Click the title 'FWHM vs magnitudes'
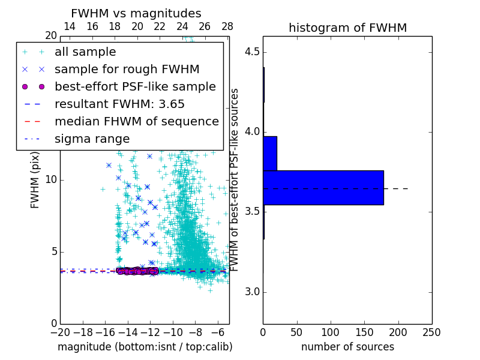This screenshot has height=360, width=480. [136, 13]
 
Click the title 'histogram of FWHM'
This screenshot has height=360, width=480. [347, 28]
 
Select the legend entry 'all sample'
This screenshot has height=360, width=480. [85, 52]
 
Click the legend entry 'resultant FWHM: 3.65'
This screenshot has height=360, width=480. [124, 104]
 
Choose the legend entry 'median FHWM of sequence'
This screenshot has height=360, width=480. [136, 121]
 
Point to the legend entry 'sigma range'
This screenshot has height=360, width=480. [92, 139]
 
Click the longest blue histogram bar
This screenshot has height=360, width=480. [323, 187]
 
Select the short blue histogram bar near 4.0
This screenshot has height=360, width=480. [270, 153]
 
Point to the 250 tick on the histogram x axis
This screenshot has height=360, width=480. [431, 332]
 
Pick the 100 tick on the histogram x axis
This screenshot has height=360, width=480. [331, 332]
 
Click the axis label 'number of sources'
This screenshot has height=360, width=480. [347, 347]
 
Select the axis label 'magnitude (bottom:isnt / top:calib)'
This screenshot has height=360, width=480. [145, 347]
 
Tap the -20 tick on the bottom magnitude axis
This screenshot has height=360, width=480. [60, 332]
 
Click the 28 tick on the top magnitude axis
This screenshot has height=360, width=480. [227, 26]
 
